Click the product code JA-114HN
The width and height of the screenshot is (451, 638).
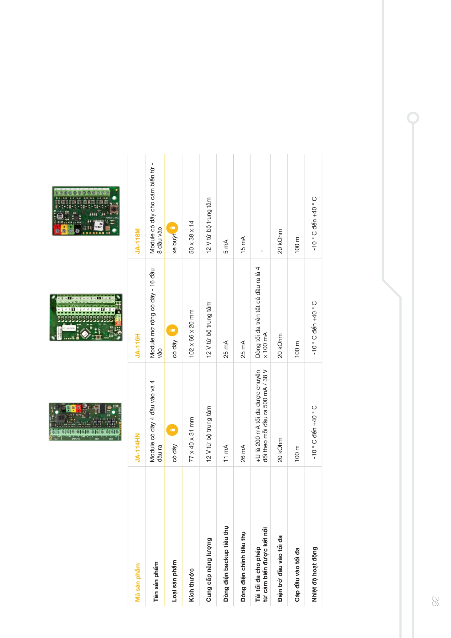(137, 447)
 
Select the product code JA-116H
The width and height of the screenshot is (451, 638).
(137, 345)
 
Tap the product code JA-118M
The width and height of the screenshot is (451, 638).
(137, 241)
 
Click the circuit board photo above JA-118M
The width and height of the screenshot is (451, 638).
(86, 211)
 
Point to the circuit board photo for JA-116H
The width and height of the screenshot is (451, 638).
(86, 317)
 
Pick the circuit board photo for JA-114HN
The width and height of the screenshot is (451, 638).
(85, 422)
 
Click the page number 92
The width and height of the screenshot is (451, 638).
(435, 601)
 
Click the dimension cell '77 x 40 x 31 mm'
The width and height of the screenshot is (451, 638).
(191, 439)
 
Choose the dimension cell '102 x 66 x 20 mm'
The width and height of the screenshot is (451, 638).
(191, 333)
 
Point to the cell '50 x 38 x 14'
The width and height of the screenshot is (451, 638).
(191, 237)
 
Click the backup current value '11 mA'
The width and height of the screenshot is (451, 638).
(226, 453)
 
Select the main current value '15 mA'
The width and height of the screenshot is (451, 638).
(243, 245)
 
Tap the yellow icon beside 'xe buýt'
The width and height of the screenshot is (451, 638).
(172, 228)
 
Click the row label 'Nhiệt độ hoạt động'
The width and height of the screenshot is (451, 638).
(314, 574)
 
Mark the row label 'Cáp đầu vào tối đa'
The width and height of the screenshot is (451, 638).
(297, 575)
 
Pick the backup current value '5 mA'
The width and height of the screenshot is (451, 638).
(226, 246)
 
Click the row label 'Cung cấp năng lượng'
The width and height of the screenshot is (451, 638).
(209, 569)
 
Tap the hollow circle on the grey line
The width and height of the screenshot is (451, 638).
(413, 118)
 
